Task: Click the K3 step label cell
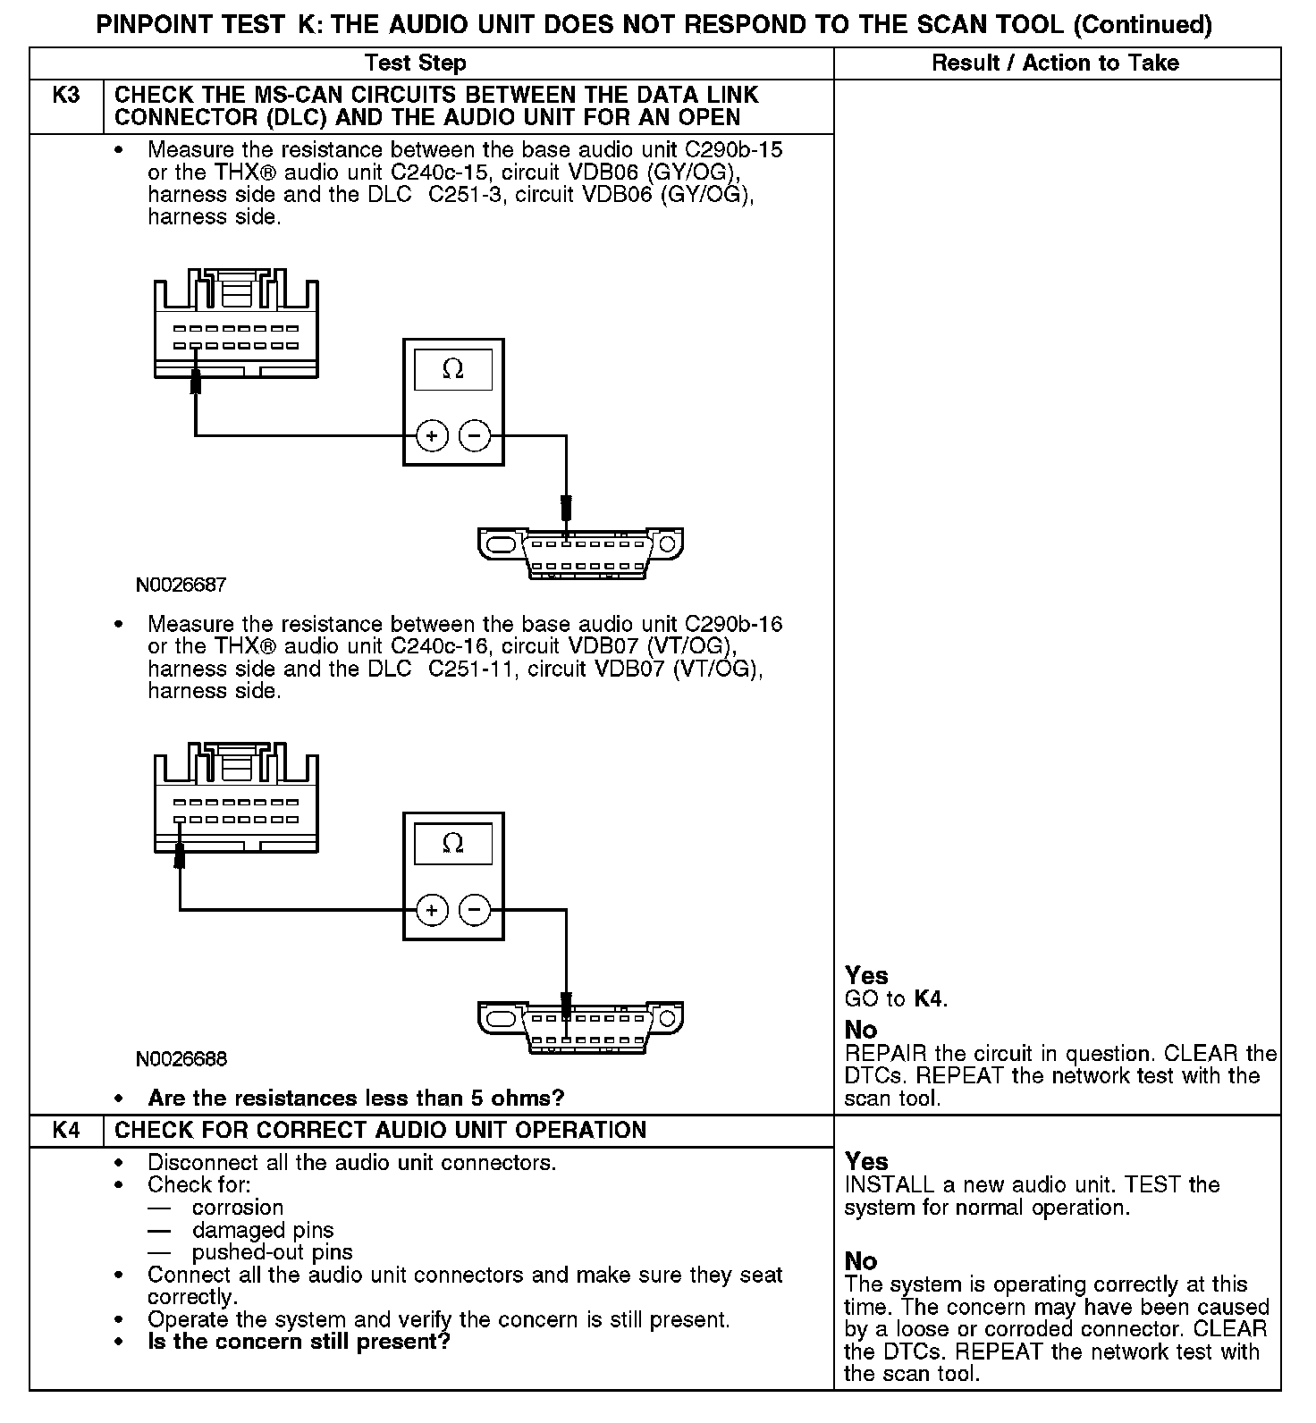pyautogui.click(x=66, y=96)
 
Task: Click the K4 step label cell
pyautogui.click(x=66, y=1130)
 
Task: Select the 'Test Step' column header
pyautogui.click(x=416, y=63)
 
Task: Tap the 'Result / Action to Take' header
pyautogui.click(x=1055, y=63)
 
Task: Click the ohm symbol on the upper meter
pyautogui.click(x=453, y=369)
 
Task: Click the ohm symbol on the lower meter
pyautogui.click(x=453, y=843)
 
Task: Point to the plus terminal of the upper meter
pyautogui.click(x=432, y=436)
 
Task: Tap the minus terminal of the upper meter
pyautogui.click(x=475, y=436)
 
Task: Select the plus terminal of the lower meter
pyautogui.click(x=432, y=910)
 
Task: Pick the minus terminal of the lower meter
pyautogui.click(x=475, y=910)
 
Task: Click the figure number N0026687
pyautogui.click(x=181, y=585)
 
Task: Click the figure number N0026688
pyautogui.click(x=181, y=1059)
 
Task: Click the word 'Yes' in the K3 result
pyautogui.click(x=866, y=975)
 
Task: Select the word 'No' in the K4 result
pyautogui.click(x=861, y=1261)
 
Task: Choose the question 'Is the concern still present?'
pyautogui.click(x=299, y=1342)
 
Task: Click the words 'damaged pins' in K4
pyautogui.click(x=263, y=1230)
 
